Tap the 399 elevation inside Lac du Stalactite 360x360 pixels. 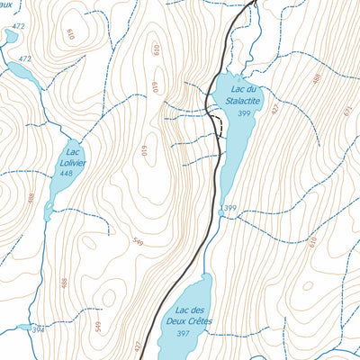click(x=243, y=113)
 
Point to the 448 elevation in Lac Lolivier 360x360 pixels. click(x=67, y=175)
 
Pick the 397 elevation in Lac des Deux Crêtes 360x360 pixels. click(x=183, y=334)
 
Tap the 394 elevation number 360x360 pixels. click(x=38, y=330)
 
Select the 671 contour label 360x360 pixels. click(x=346, y=110)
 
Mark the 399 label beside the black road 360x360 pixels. click(x=229, y=209)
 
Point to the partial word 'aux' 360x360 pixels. click(x=5, y=4)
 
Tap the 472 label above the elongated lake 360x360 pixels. click(x=24, y=58)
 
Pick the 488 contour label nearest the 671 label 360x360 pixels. click(x=316, y=78)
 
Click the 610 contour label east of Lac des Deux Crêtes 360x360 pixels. click(x=313, y=241)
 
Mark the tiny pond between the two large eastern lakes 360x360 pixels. click(x=219, y=210)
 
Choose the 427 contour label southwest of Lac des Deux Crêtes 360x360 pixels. click(x=138, y=346)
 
